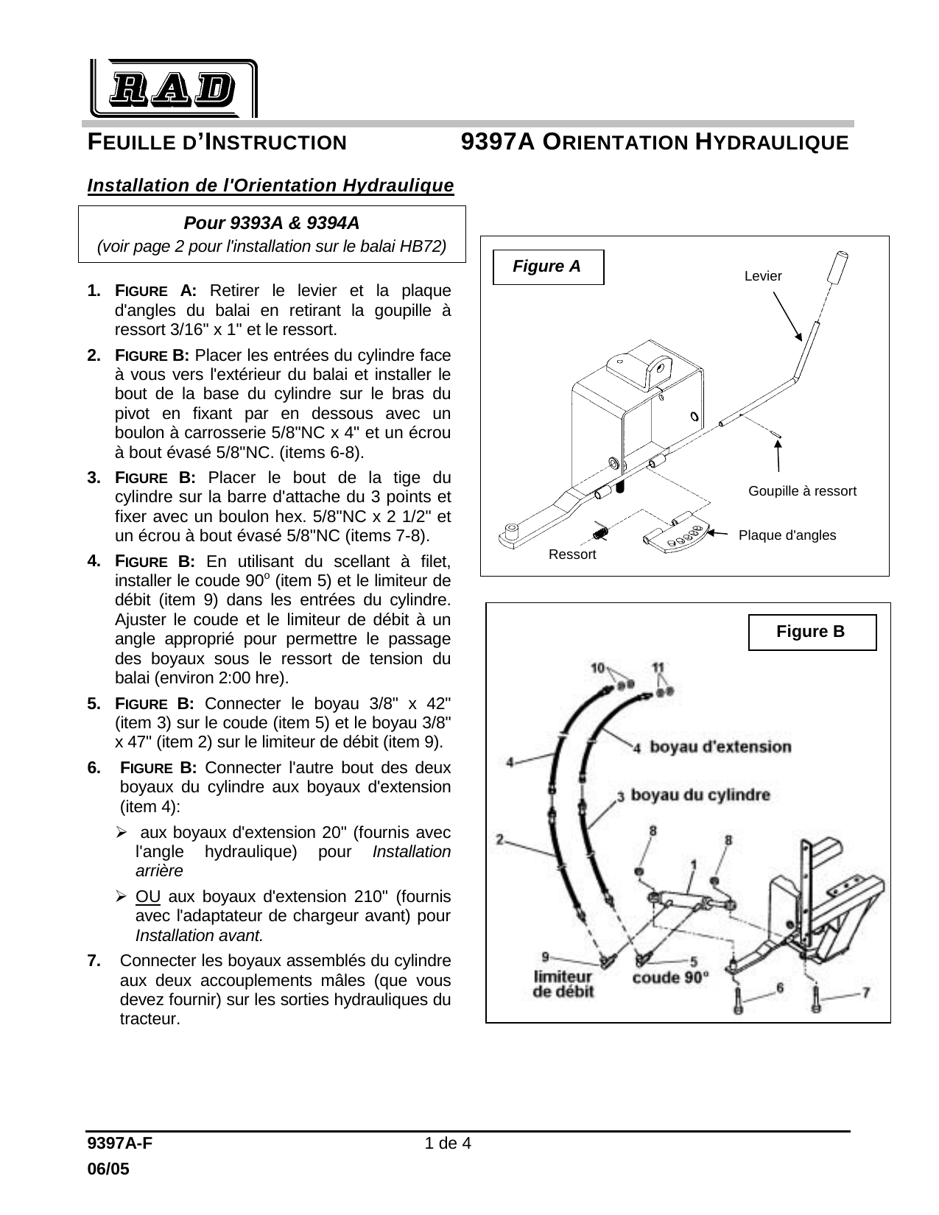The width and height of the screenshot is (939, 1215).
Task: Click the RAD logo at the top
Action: click(174, 88)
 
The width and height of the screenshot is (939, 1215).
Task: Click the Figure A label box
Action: click(548, 267)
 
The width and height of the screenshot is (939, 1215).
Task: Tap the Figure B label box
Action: click(812, 633)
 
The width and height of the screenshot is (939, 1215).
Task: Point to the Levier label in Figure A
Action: click(763, 276)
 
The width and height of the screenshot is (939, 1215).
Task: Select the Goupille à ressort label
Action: click(802, 491)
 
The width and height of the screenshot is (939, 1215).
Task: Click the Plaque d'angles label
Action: click(787, 535)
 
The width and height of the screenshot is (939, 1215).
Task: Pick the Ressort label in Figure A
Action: click(572, 554)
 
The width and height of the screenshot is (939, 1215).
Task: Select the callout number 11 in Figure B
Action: click(658, 667)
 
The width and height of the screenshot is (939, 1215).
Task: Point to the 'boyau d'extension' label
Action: click(720, 747)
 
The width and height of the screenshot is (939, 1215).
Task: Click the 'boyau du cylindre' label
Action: click(700, 795)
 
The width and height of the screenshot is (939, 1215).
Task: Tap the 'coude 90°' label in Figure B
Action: click(671, 978)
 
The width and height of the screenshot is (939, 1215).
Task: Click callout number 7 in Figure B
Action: click(866, 993)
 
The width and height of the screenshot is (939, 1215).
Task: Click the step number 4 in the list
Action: click(94, 561)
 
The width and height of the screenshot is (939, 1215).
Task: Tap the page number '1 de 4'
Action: click(448, 1144)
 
